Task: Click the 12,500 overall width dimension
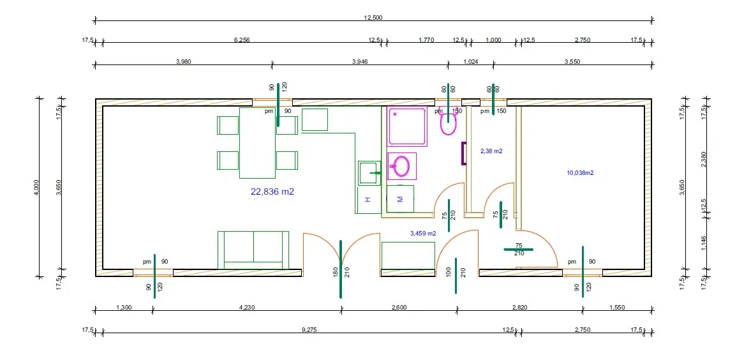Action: click(373, 18)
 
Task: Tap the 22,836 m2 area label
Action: click(272, 191)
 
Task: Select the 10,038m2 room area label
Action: click(580, 173)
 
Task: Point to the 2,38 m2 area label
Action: click(491, 151)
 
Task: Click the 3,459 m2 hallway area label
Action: click(424, 234)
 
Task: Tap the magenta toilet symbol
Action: click(449, 122)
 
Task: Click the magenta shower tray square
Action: click(407, 126)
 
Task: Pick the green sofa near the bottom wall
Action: click(253, 250)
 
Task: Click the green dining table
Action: click(257, 143)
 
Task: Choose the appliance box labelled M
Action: click(401, 199)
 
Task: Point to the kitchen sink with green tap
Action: click(369, 172)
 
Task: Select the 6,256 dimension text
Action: click(242, 40)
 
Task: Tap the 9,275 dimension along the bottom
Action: click(312, 329)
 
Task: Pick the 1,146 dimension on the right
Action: click(704, 244)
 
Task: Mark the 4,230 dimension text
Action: click(247, 308)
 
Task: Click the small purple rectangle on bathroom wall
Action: click(464, 153)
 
